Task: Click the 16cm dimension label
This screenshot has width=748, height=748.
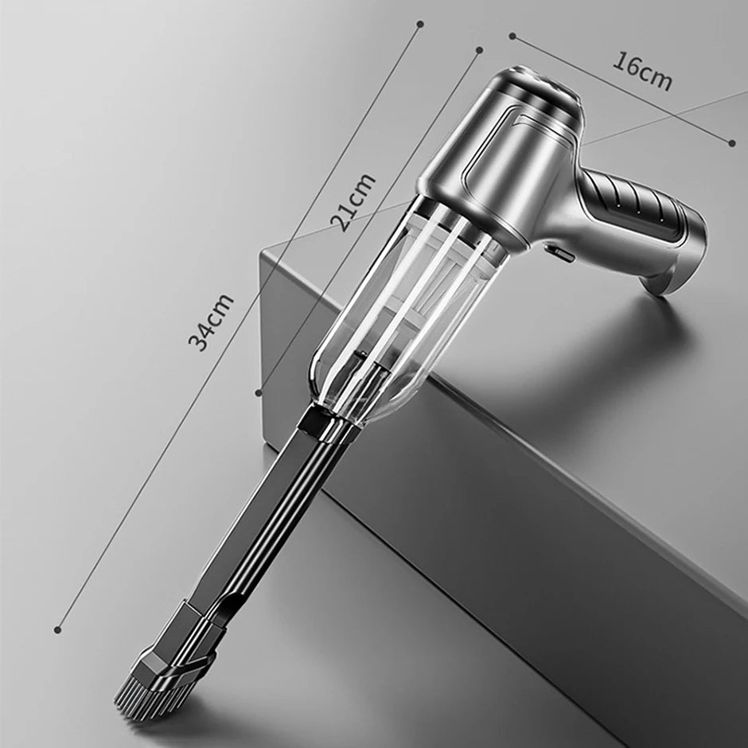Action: coord(641,71)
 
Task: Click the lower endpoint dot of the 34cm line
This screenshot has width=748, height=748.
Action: coord(57,630)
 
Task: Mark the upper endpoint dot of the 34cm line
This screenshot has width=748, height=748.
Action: coord(420,24)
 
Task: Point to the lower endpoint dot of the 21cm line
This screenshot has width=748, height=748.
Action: coord(259,392)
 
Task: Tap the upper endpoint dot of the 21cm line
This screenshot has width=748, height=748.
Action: coord(480,49)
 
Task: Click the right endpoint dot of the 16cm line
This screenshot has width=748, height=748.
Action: coord(732,143)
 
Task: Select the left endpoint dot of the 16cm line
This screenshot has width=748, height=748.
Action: coord(512,35)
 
